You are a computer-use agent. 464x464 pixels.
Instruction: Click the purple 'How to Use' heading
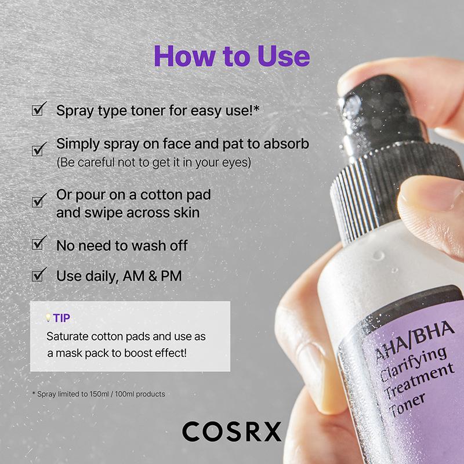point(231,57)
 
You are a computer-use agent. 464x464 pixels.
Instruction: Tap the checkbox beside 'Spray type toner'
point(39,109)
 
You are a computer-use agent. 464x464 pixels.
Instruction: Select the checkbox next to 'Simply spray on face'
point(39,150)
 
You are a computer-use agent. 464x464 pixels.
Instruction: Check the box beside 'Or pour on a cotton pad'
point(39,201)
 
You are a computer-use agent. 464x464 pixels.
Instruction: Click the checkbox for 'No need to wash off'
point(39,244)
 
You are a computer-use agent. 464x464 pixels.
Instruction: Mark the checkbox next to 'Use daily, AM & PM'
point(39,275)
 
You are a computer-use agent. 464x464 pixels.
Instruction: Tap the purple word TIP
point(62,318)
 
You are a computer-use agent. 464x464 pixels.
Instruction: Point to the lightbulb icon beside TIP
point(48,318)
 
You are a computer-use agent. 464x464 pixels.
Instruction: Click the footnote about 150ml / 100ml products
point(98,394)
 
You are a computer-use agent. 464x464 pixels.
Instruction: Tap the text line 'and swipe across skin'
point(128,212)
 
